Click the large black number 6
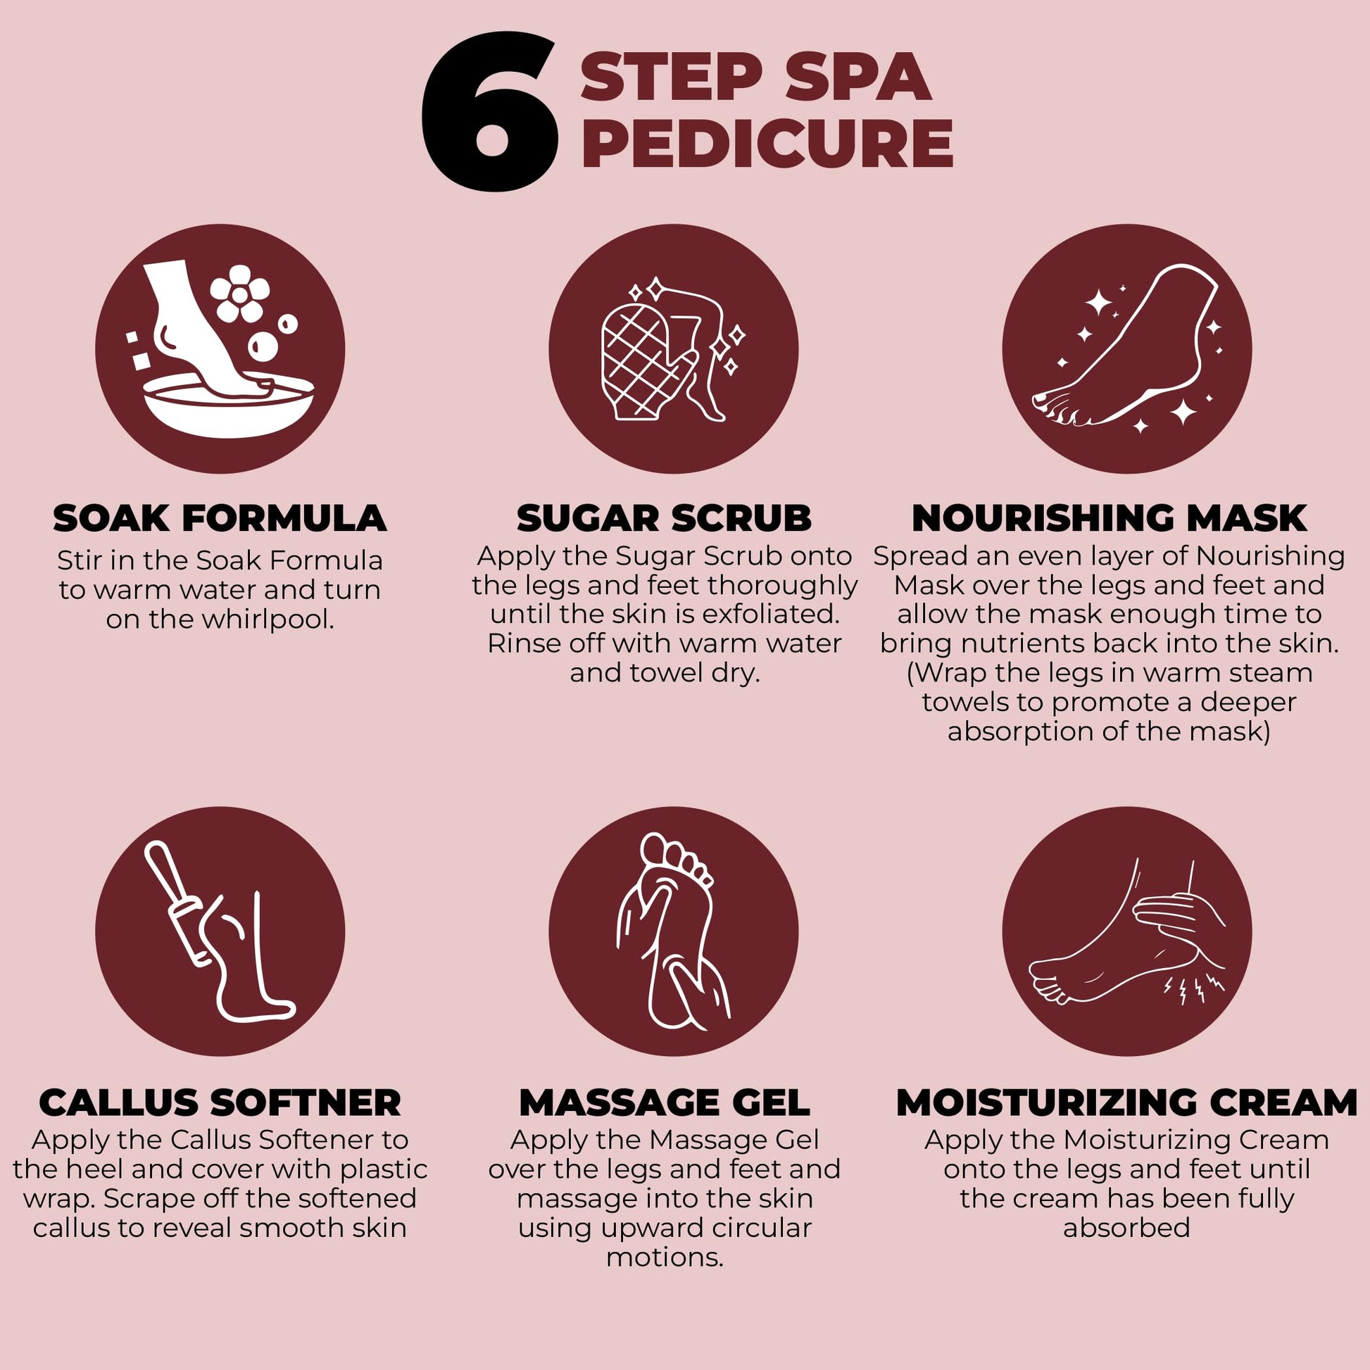pos(489,112)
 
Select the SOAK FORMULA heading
pos(220,518)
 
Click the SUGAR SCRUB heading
pos(665,518)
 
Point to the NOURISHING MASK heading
pos(1109,518)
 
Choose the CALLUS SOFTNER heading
pos(220,1102)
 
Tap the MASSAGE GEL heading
pos(665,1102)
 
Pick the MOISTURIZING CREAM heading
pos(1127,1102)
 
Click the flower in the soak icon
pos(239,293)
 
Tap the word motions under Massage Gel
pos(665,1257)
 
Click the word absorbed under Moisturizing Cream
pos(1126,1228)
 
